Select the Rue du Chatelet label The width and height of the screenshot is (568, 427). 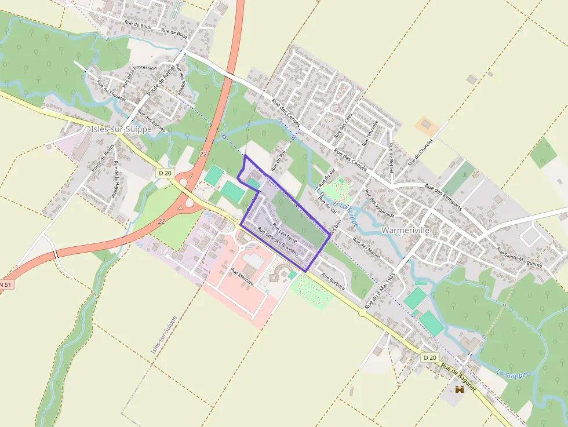click(421, 152)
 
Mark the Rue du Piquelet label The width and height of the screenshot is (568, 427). click(111, 91)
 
